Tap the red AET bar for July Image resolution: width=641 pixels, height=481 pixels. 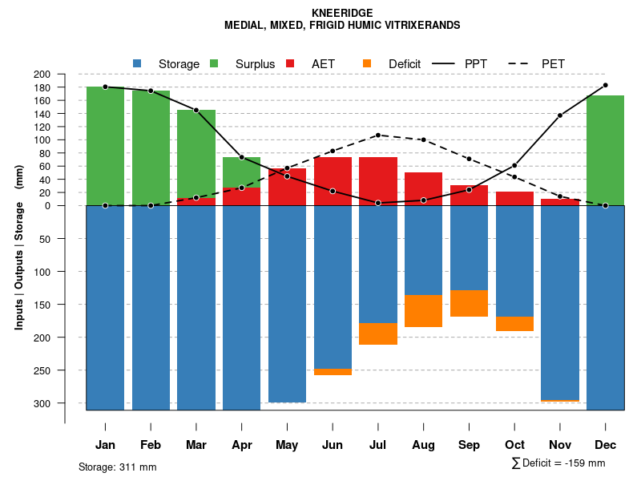point(378,181)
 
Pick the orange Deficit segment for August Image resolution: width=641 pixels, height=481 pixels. point(423,311)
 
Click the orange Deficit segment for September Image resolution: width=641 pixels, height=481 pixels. point(469,303)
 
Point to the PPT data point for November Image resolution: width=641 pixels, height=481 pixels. point(560,115)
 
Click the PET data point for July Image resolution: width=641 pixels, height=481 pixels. point(377,135)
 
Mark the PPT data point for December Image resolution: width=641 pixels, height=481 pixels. point(605,85)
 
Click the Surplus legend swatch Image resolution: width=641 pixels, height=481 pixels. point(214,63)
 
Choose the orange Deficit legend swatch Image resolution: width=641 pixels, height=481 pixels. point(367,63)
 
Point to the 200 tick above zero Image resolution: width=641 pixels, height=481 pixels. point(65,74)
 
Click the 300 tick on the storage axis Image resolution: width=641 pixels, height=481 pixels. point(65,403)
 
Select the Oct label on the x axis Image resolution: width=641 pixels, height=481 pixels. point(514,445)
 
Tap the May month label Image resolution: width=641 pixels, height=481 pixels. point(287,445)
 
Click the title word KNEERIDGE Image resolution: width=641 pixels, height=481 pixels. point(342,13)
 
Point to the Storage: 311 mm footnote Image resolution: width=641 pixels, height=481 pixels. point(117,467)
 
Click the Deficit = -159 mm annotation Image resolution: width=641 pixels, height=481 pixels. point(558,463)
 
